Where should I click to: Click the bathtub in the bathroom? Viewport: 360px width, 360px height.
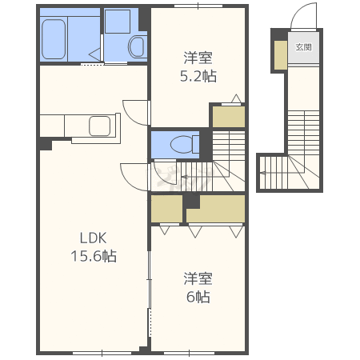[x=54, y=39]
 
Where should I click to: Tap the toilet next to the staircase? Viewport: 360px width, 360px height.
[x=185, y=144]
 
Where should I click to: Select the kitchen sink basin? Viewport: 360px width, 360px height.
[x=99, y=126]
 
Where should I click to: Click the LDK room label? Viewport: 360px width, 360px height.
[x=93, y=238]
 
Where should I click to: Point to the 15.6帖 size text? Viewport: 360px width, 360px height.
[x=94, y=256]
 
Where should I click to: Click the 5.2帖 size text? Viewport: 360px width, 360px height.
[x=198, y=76]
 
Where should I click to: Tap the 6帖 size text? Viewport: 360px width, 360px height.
[x=198, y=297]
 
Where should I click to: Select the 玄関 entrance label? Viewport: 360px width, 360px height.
[x=303, y=47]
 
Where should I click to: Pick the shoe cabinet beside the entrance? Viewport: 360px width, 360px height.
[x=281, y=55]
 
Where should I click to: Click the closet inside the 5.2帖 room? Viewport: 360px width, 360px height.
[x=229, y=117]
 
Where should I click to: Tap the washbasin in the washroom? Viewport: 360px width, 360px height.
[x=137, y=46]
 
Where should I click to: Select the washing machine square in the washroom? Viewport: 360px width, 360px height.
[x=118, y=22]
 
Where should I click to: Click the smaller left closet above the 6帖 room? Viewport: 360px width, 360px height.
[x=166, y=209]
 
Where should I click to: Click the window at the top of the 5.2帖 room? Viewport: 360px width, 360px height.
[x=198, y=6]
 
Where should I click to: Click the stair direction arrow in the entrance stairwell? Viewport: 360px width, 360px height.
[x=282, y=173]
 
